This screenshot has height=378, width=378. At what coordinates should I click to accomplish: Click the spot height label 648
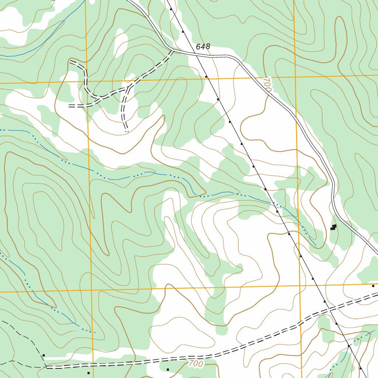(x=203, y=47)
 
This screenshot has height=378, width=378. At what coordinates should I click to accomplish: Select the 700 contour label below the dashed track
(x=195, y=364)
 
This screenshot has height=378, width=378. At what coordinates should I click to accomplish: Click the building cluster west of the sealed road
(x=333, y=227)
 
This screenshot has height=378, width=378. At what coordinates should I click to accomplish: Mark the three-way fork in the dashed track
(x=129, y=88)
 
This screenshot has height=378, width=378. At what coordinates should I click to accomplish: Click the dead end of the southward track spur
(x=126, y=131)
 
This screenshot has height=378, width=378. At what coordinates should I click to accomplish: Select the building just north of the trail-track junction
(x=44, y=355)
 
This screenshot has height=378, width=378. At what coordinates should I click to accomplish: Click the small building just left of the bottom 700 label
(x=168, y=369)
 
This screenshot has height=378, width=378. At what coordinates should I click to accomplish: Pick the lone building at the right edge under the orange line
(x=373, y=286)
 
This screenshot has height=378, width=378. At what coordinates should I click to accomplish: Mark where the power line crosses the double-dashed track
(x=330, y=309)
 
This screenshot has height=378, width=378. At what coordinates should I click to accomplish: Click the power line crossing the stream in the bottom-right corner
(x=348, y=346)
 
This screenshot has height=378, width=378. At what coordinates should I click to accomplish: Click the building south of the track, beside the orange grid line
(x=88, y=373)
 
